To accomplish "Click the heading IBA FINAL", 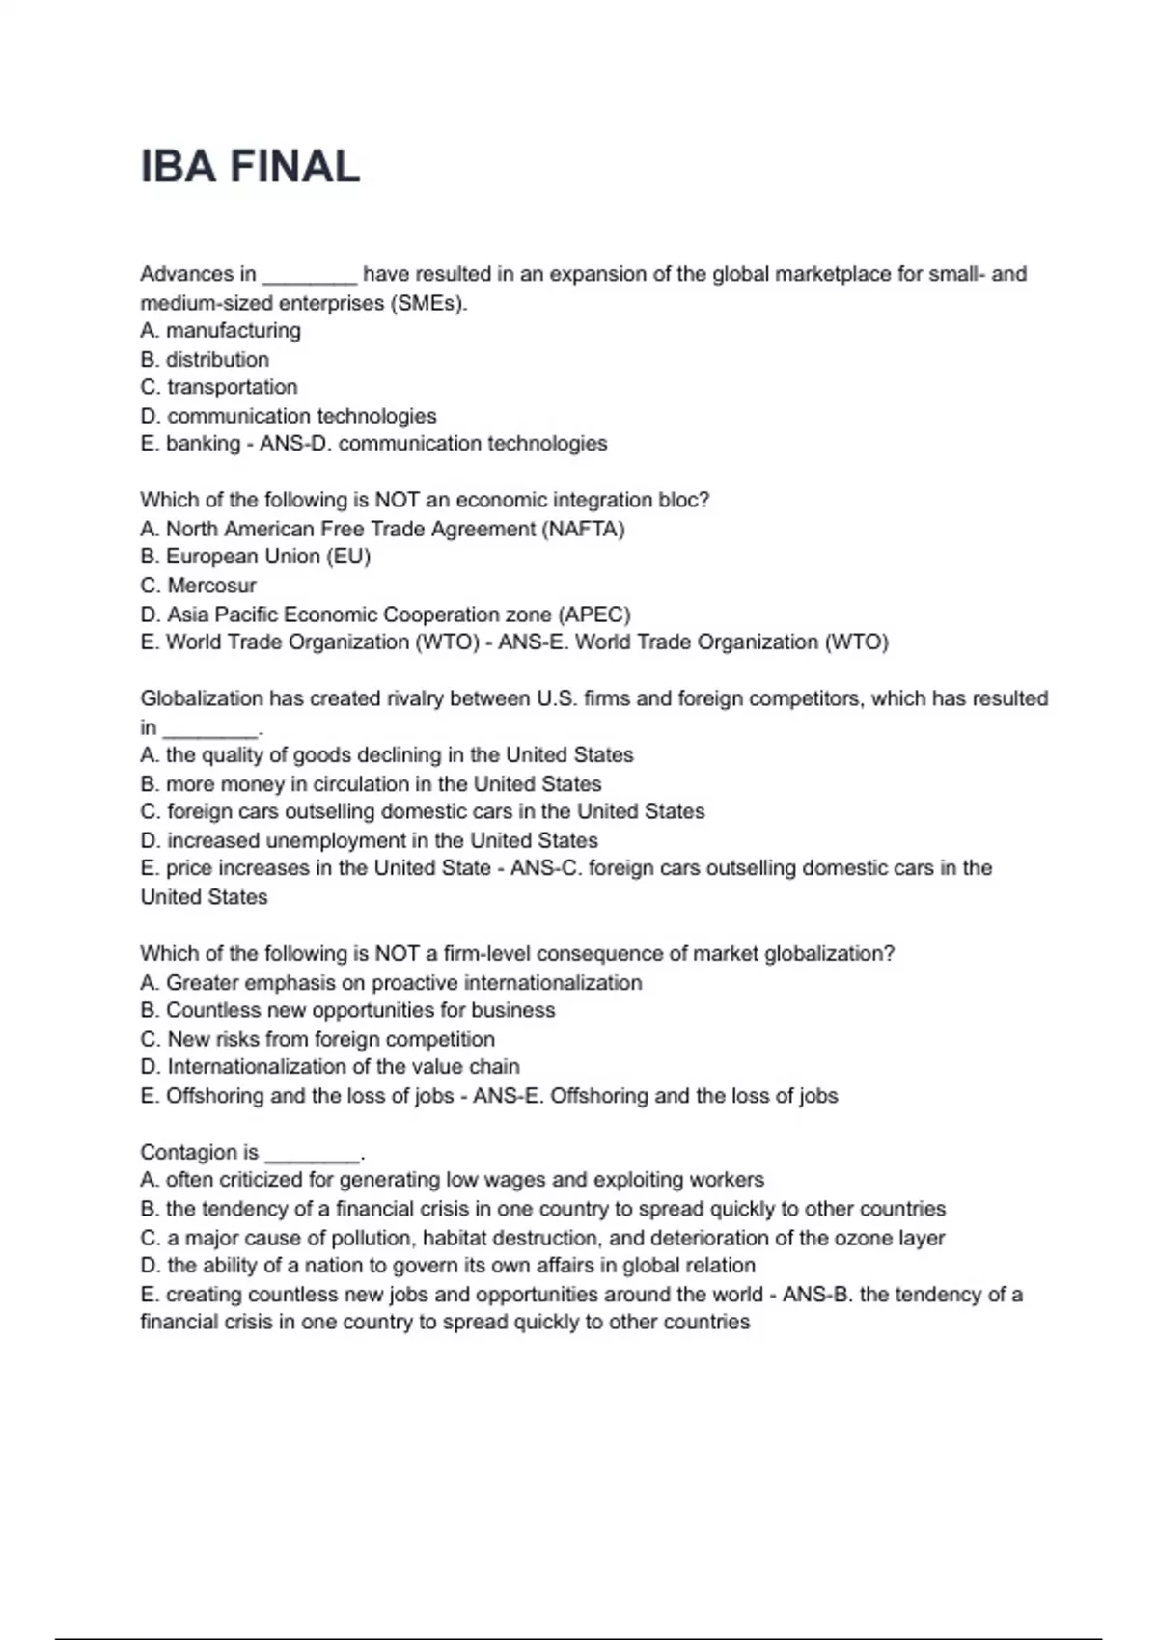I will coord(250,167).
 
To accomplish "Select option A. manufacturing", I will coord(220,331).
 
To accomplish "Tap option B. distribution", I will coord(205,360).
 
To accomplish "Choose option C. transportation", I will coord(219,387).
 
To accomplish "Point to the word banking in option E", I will coord(203,444).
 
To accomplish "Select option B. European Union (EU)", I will coord(256,557).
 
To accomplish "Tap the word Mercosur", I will coord(211,586).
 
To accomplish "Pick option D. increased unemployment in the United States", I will coord(370,840).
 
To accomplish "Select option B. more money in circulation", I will coord(372,784).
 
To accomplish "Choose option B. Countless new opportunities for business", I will coord(347,1010).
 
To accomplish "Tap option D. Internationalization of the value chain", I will coord(330,1067).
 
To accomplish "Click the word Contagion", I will coord(188,1152).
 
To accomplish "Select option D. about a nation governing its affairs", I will coord(448,1266).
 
